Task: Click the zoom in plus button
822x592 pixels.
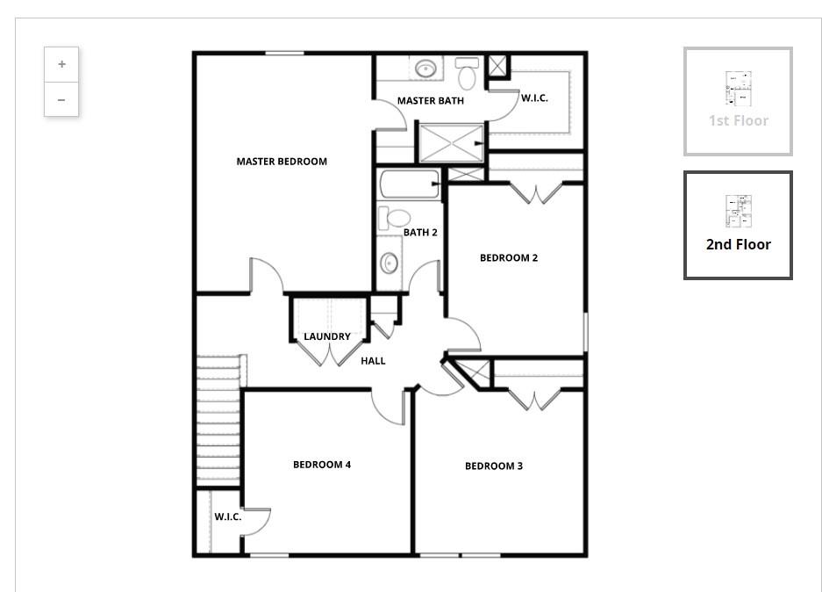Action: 61,64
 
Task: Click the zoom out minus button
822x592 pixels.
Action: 61,99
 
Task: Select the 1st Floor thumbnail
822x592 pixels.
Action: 738,101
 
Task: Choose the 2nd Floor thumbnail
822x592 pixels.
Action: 738,225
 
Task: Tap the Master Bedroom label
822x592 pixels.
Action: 282,162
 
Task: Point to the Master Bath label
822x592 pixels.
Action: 431,101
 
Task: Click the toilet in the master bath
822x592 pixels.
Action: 467,73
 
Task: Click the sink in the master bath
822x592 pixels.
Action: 425,69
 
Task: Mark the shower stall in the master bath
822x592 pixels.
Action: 452,143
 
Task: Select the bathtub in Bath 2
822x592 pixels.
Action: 410,184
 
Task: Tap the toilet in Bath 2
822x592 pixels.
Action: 394,218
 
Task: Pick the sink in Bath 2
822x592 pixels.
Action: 389,263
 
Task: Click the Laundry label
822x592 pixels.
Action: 327,336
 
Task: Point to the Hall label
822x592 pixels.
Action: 373,361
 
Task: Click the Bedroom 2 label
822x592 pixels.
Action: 509,257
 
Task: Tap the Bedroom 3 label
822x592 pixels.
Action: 494,466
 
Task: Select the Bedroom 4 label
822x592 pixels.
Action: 322,465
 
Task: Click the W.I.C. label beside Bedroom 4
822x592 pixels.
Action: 227,517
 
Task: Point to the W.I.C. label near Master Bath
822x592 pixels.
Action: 534,98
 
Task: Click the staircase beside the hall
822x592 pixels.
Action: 218,421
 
